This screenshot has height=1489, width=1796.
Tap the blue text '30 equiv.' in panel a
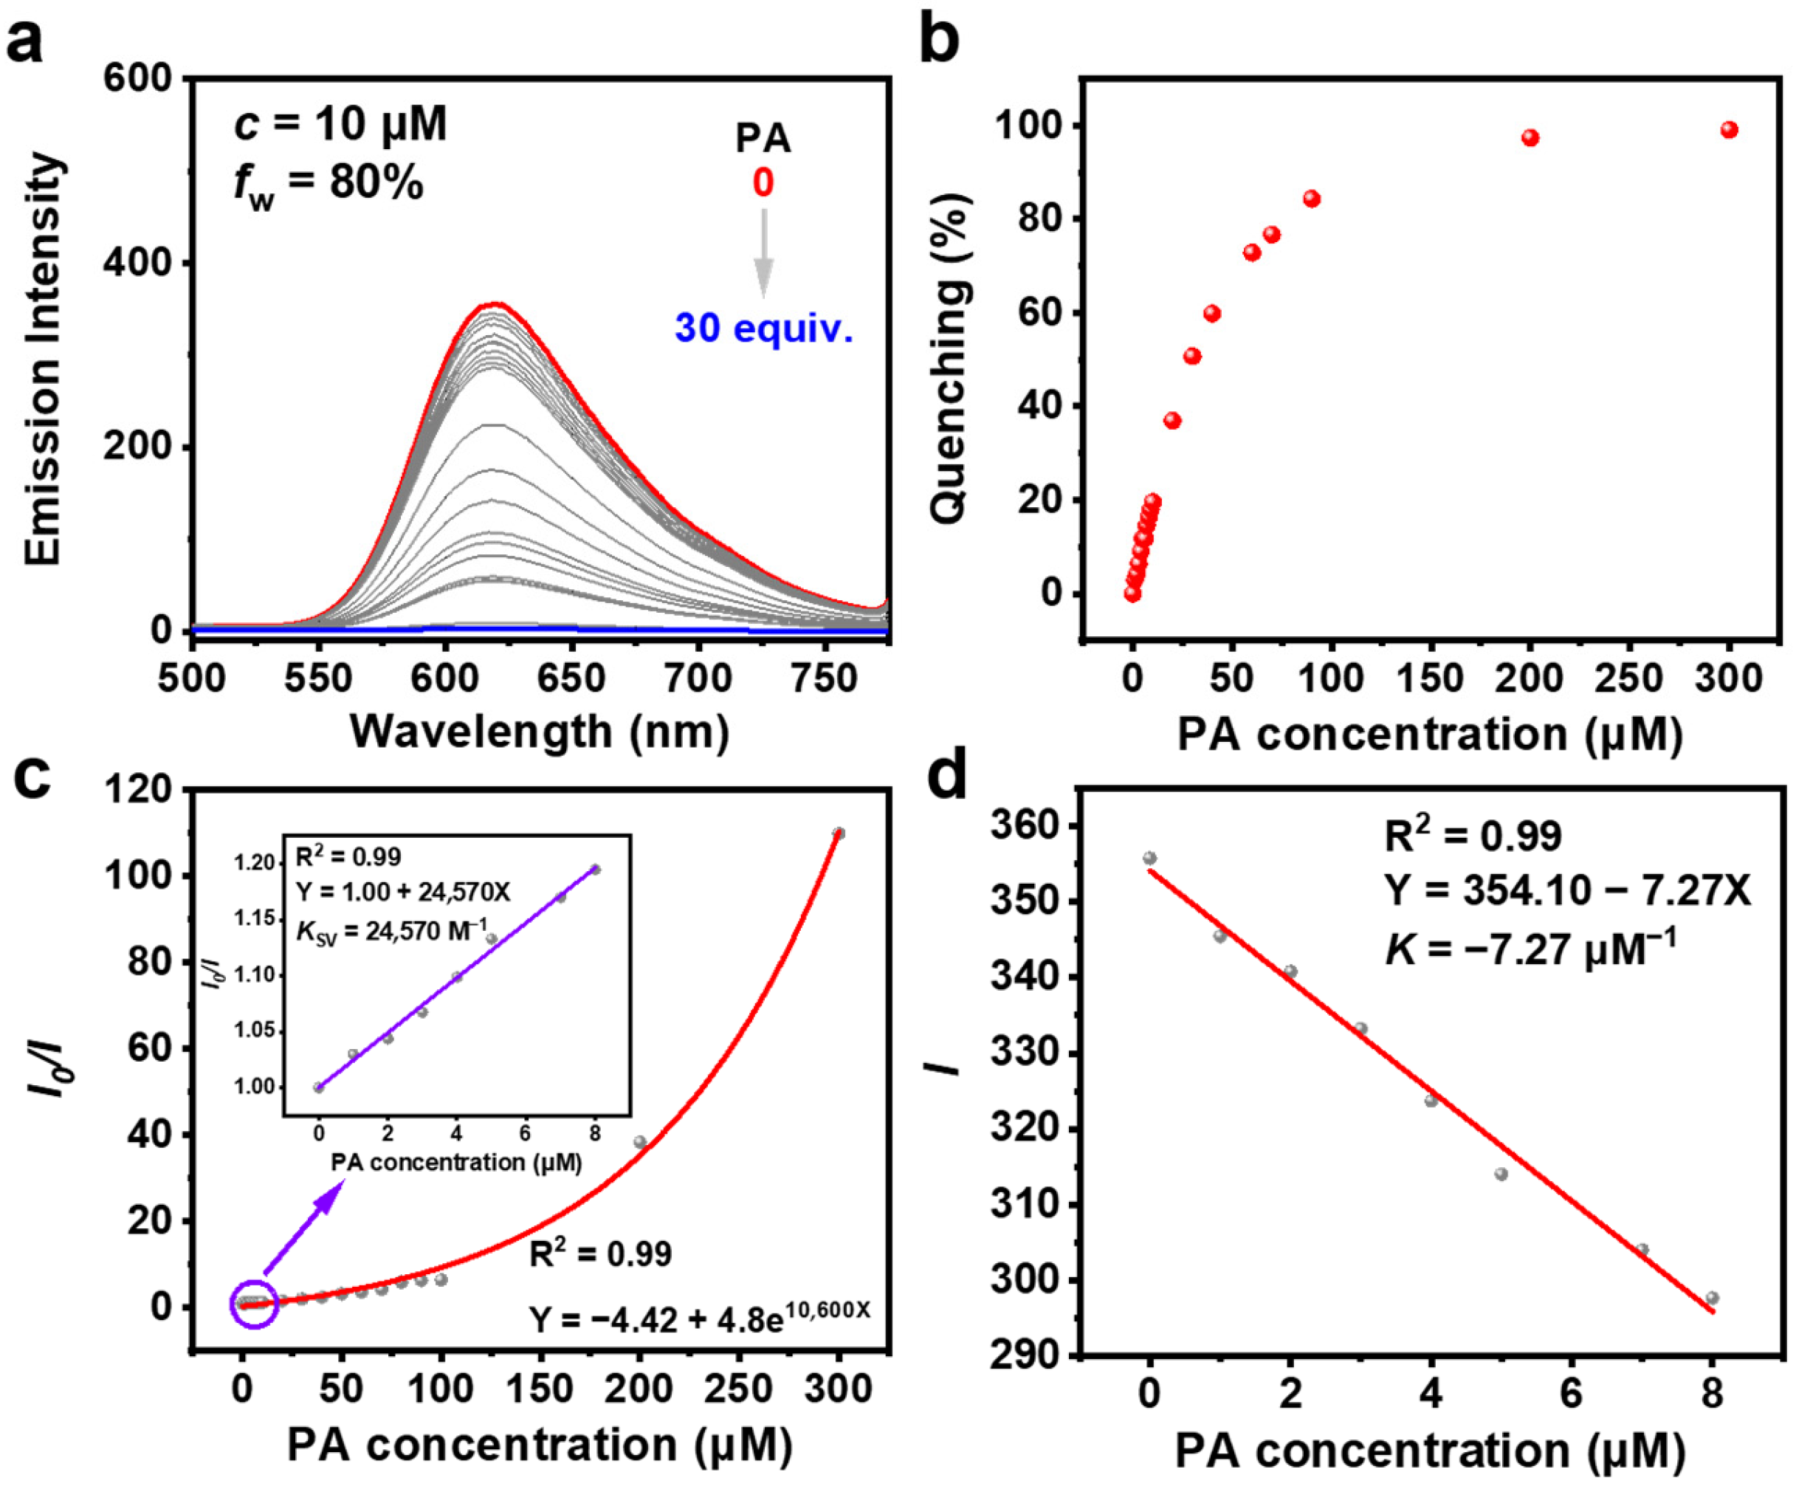click(x=764, y=328)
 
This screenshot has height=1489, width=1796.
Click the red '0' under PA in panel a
click(x=763, y=182)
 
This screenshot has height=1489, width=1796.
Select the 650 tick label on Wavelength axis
click(x=571, y=678)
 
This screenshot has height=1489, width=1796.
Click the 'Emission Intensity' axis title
click(x=43, y=360)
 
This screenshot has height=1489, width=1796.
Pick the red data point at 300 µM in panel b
click(x=1728, y=130)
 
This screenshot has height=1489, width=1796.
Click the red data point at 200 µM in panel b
click(x=1530, y=138)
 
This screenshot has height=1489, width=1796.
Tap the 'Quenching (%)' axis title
click(x=949, y=360)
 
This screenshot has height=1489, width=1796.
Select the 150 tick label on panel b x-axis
click(x=1430, y=678)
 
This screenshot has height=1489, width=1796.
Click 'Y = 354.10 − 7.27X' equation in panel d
click(x=1568, y=891)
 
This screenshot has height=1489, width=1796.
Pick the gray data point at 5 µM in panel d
click(x=1501, y=1174)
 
